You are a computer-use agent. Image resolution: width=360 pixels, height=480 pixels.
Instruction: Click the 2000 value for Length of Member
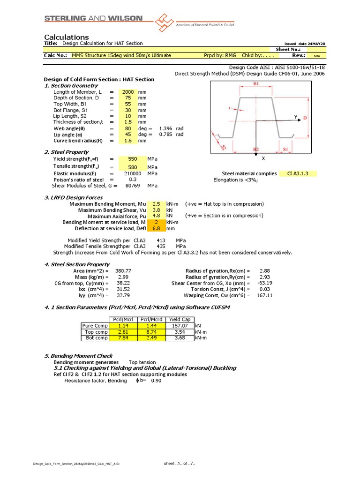(x=128, y=92)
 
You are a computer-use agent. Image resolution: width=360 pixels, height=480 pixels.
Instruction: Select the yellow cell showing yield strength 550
(x=132, y=159)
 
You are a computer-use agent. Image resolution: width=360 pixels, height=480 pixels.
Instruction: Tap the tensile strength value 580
(x=132, y=167)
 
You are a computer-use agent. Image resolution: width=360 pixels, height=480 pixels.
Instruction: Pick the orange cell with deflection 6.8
(x=156, y=228)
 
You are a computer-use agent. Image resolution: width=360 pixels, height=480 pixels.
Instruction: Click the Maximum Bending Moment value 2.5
(x=156, y=204)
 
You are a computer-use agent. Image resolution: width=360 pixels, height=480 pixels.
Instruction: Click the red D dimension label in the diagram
(x=305, y=118)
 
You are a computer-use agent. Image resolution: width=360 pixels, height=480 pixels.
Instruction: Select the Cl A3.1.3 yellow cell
(x=299, y=173)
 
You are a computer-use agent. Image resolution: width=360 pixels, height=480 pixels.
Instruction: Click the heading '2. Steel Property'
(x=66, y=152)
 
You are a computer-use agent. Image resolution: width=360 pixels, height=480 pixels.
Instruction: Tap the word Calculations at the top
(x=66, y=37)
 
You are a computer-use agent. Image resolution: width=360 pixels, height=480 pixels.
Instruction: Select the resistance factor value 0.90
(x=156, y=381)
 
